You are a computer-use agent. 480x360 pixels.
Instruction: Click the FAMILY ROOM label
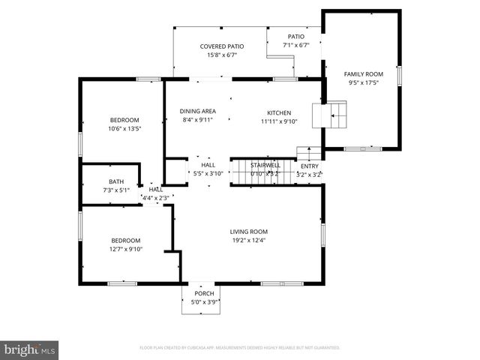363,73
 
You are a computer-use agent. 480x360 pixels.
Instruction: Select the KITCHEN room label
279,112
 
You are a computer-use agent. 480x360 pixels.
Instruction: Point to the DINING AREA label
199,111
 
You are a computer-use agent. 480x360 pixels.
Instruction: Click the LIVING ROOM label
248,232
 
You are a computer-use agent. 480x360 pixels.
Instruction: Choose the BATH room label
116,181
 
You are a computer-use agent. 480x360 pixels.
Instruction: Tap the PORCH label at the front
204,293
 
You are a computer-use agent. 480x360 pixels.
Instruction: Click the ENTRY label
309,166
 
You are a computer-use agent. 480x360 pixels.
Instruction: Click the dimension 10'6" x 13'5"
124,128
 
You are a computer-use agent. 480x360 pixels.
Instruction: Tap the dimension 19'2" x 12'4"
248,240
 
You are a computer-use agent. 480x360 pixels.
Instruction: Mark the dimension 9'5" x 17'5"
363,82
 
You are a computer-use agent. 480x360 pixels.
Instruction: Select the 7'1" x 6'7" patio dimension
296,45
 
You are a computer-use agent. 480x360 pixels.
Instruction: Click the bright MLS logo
29,349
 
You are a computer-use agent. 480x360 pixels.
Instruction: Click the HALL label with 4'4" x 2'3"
155,190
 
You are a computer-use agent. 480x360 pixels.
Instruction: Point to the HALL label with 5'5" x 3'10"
208,165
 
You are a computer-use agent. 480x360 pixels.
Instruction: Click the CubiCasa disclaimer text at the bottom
240,348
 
